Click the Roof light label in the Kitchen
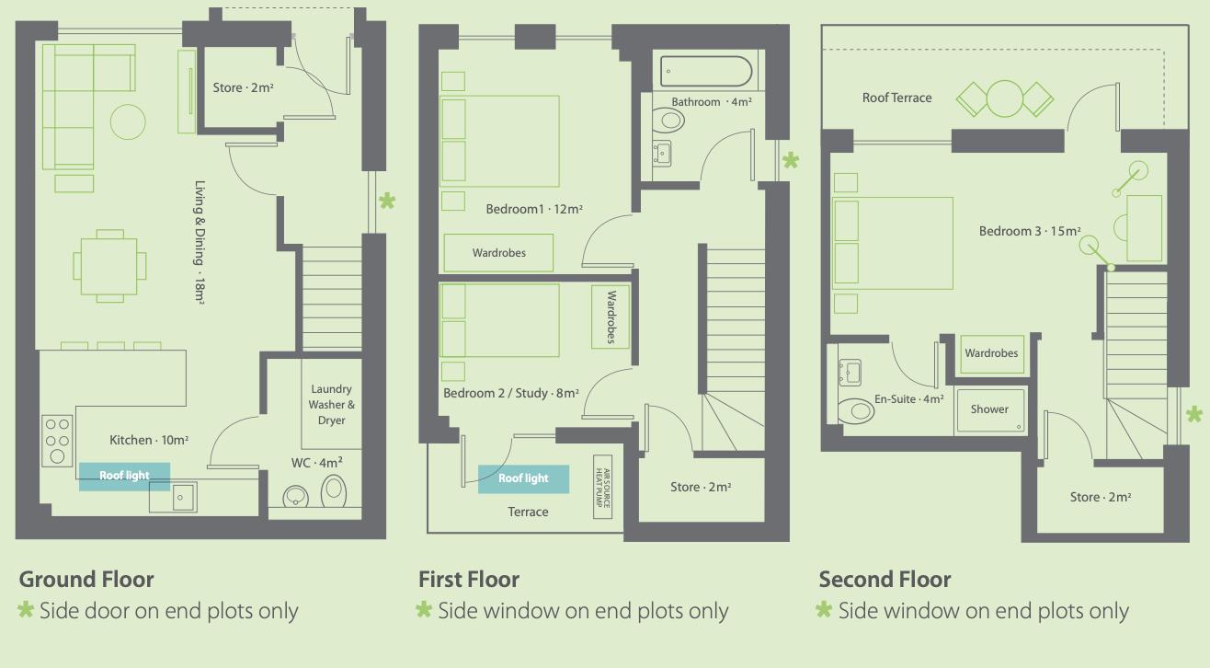[124, 476]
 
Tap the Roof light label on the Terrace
[523, 478]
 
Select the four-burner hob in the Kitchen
[57, 440]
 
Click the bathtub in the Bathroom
[706, 72]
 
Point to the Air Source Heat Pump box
[602, 487]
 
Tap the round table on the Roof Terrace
[1005, 98]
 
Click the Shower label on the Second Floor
[989, 409]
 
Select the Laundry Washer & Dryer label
[332, 404]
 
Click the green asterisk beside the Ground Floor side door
[387, 202]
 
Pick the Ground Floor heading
[86, 580]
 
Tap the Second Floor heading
[885, 580]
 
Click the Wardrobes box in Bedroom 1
[498, 252]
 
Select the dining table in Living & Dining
[109, 266]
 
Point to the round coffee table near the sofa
[128, 122]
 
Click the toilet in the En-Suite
[856, 410]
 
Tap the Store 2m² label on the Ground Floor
[243, 87]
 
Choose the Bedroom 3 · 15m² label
[1030, 231]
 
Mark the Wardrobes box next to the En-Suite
[992, 353]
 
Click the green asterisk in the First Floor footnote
[424, 610]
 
